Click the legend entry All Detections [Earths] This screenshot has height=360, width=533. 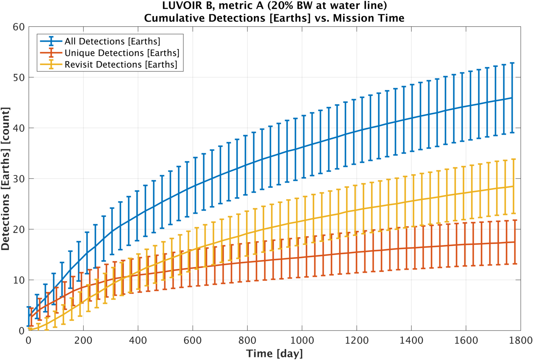(x=112, y=41)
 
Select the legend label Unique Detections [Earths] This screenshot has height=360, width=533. (x=122, y=53)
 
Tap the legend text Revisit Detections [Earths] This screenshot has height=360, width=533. (x=121, y=65)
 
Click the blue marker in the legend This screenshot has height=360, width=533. (x=51, y=41)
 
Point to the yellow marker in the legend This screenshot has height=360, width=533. (x=51, y=64)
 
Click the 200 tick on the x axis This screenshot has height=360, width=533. (x=83, y=340)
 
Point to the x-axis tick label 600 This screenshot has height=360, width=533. (x=193, y=340)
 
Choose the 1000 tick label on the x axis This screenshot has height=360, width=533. (x=302, y=340)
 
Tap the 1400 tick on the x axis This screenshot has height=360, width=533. (x=411, y=340)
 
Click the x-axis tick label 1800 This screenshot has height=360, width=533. (x=520, y=340)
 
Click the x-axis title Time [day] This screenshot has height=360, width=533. (x=274, y=353)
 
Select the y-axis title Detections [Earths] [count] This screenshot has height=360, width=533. (x=6, y=179)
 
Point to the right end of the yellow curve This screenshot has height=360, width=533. (x=514, y=186)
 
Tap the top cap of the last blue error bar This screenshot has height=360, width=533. (x=512, y=63)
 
